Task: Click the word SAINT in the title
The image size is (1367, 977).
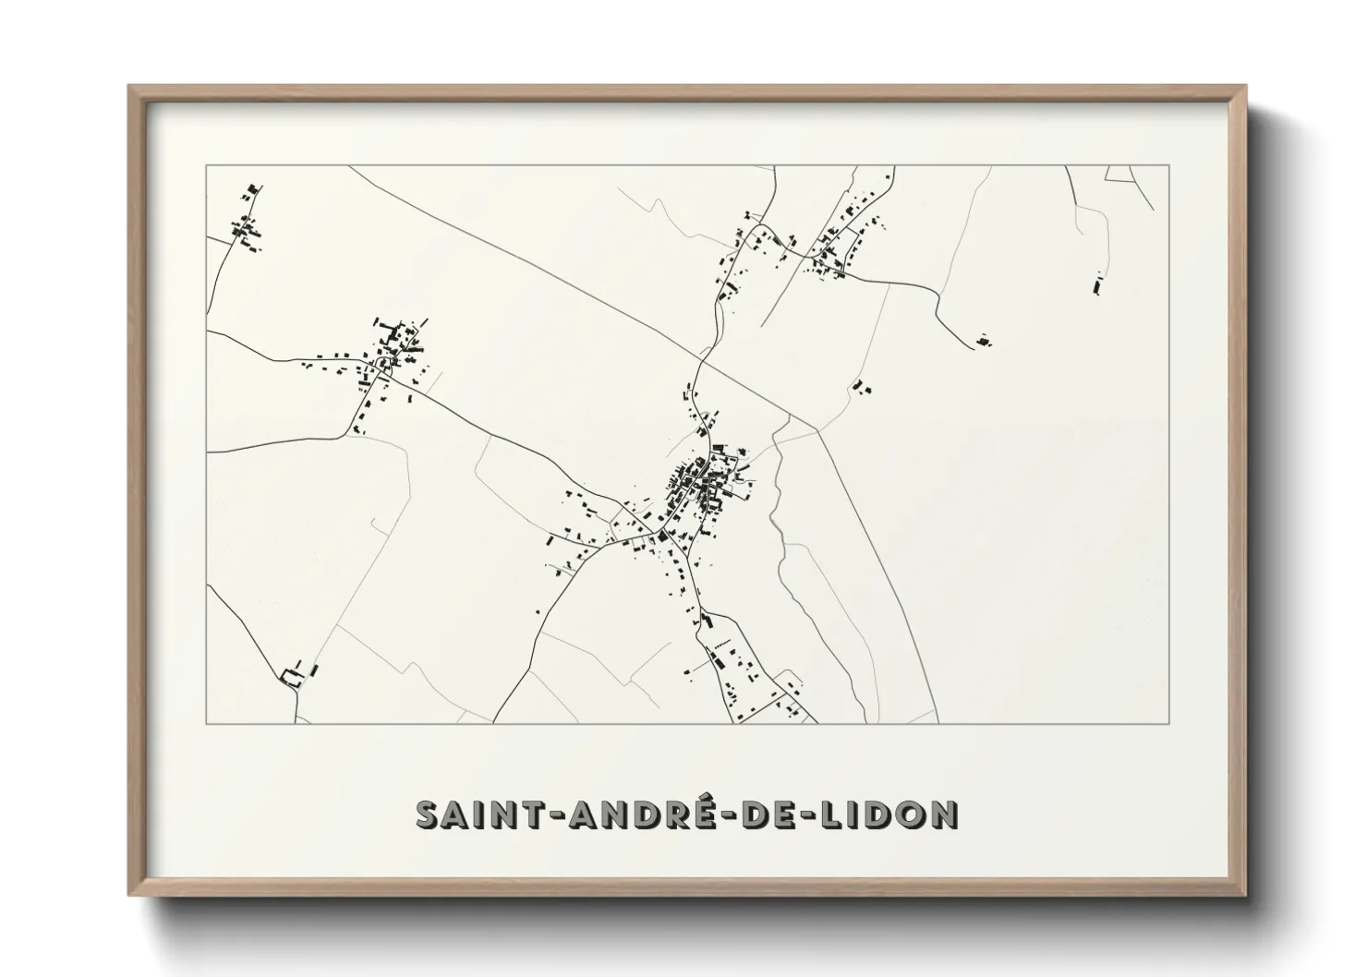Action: point(474,814)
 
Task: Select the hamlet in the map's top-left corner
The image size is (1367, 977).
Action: point(247,222)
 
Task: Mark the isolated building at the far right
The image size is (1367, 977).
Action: point(1097,283)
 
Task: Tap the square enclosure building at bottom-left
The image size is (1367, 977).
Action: point(291,675)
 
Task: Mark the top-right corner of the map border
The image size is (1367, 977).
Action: point(1169,165)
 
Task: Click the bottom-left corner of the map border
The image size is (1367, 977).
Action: point(207,723)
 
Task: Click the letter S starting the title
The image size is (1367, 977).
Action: point(427,814)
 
